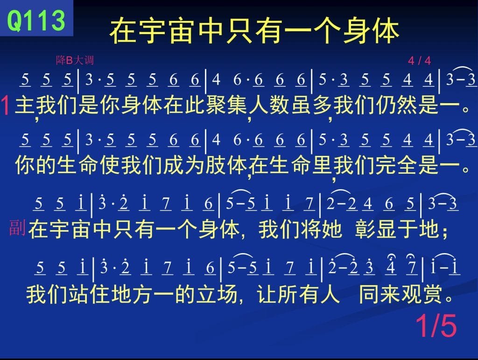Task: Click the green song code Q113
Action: pyautogui.click(x=36, y=20)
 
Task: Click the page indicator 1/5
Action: pyautogui.click(x=436, y=325)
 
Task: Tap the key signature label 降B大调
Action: pyautogui.click(x=75, y=60)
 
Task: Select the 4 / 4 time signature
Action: pyautogui.click(x=420, y=61)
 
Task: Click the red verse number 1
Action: pyautogui.click(x=6, y=106)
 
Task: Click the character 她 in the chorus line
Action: pyautogui.click(x=331, y=229)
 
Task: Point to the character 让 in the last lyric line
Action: pyautogui.click(x=267, y=294)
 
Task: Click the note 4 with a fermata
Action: pyautogui.click(x=391, y=265)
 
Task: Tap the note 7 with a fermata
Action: pyautogui.click(x=412, y=265)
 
